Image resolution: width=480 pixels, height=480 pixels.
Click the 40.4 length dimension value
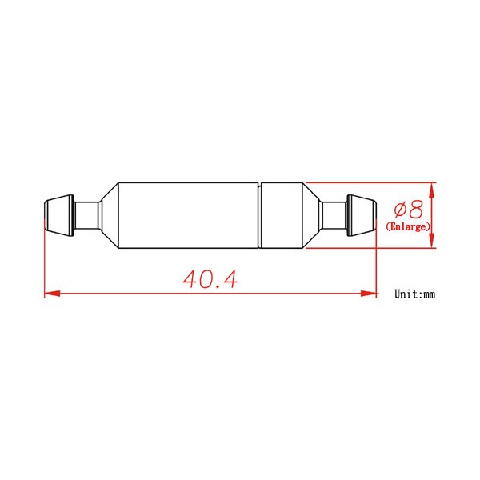210,279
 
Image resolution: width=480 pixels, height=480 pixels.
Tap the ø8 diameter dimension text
408,210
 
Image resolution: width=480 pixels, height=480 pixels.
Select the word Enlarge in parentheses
408,227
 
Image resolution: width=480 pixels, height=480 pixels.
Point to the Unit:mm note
414,294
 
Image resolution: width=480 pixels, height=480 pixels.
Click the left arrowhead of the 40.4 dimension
52,294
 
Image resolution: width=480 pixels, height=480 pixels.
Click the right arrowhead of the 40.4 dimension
369,294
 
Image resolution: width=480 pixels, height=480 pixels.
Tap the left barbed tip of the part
59,215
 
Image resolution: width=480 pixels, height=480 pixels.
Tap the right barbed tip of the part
362,215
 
